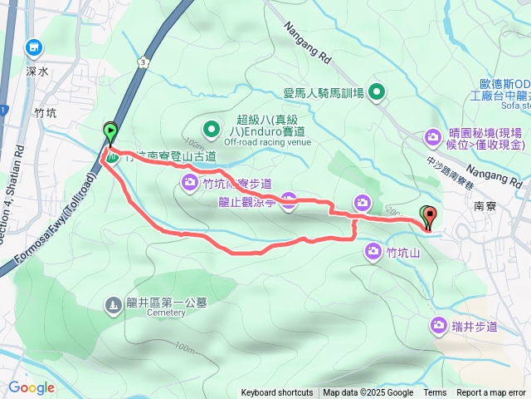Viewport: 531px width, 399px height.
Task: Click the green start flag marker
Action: click(110, 131)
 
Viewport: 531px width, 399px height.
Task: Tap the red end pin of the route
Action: click(429, 217)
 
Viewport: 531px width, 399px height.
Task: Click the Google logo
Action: click(32, 387)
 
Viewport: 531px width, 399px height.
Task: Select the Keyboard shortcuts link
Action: click(277, 393)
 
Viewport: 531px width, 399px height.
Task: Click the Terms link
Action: click(435, 393)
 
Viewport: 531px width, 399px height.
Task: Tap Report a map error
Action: click(492, 393)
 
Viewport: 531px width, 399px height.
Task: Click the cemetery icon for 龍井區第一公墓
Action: click(113, 305)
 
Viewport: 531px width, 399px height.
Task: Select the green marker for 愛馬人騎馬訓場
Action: click(378, 92)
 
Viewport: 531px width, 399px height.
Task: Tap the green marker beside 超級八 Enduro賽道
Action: click(211, 130)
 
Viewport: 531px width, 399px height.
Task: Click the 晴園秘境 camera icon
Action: click(432, 136)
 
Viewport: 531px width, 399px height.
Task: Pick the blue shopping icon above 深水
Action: click(34, 48)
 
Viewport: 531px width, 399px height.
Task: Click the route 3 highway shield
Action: click(144, 62)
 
